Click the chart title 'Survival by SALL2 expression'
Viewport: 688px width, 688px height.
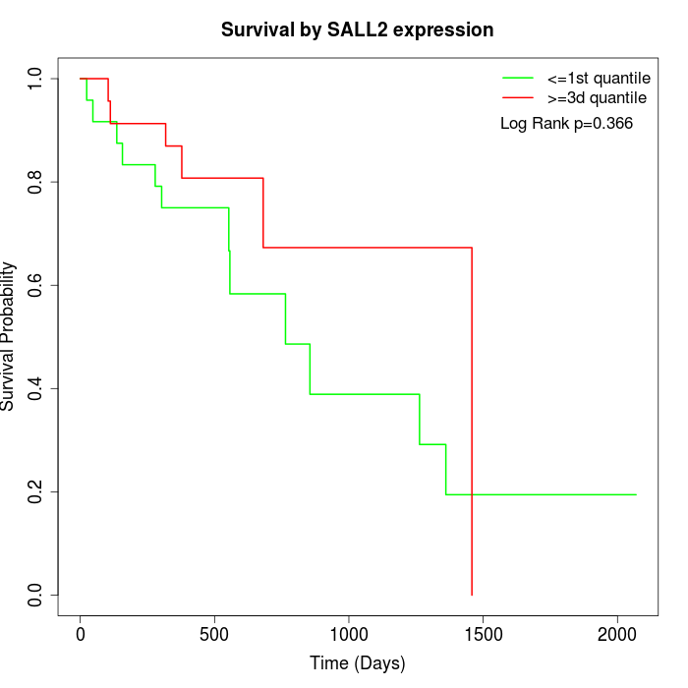click(x=357, y=30)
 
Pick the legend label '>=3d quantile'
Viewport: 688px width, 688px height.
click(x=598, y=98)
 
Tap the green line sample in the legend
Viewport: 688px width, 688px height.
click(x=518, y=78)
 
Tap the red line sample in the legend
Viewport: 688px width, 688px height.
click(x=518, y=98)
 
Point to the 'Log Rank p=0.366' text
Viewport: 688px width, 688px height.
click(x=566, y=124)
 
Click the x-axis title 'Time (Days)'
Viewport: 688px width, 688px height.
click(x=357, y=663)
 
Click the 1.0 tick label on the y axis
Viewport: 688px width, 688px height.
click(x=36, y=79)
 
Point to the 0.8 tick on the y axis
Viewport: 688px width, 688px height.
click(x=36, y=182)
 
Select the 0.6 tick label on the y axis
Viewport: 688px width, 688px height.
click(x=36, y=285)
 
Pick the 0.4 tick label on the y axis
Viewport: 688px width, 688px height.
click(x=36, y=388)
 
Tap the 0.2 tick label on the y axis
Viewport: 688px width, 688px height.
click(x=36, y=491)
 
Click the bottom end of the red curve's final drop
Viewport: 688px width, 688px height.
click(x=472, y=595)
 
